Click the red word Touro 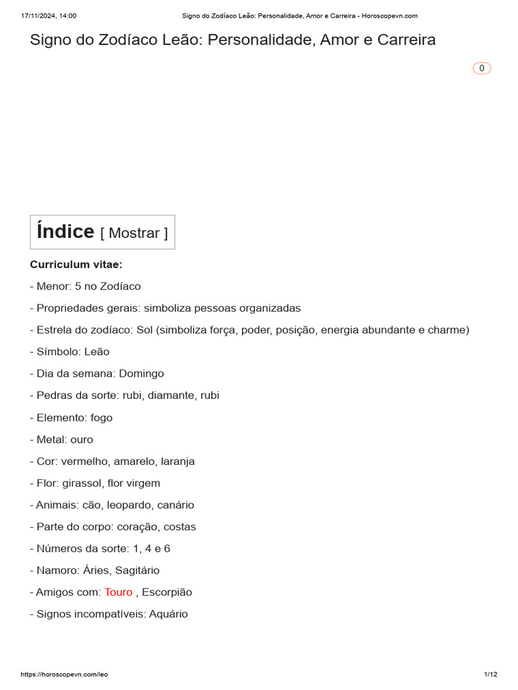(x=118, y=592)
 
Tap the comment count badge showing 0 (x=482, y=68)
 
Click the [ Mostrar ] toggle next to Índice (x=134, y=233)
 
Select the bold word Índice (x=65, y=232)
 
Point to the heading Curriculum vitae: (x=76, y=264)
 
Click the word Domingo (x=142, y=373)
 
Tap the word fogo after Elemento (x=101, y=418)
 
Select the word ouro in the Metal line (x=82, y=439)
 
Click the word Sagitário (x=137, y=571)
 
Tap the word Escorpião (x=167, y=592)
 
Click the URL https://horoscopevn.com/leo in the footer (x=65, y=675)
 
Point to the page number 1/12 (x=490, y=675)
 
